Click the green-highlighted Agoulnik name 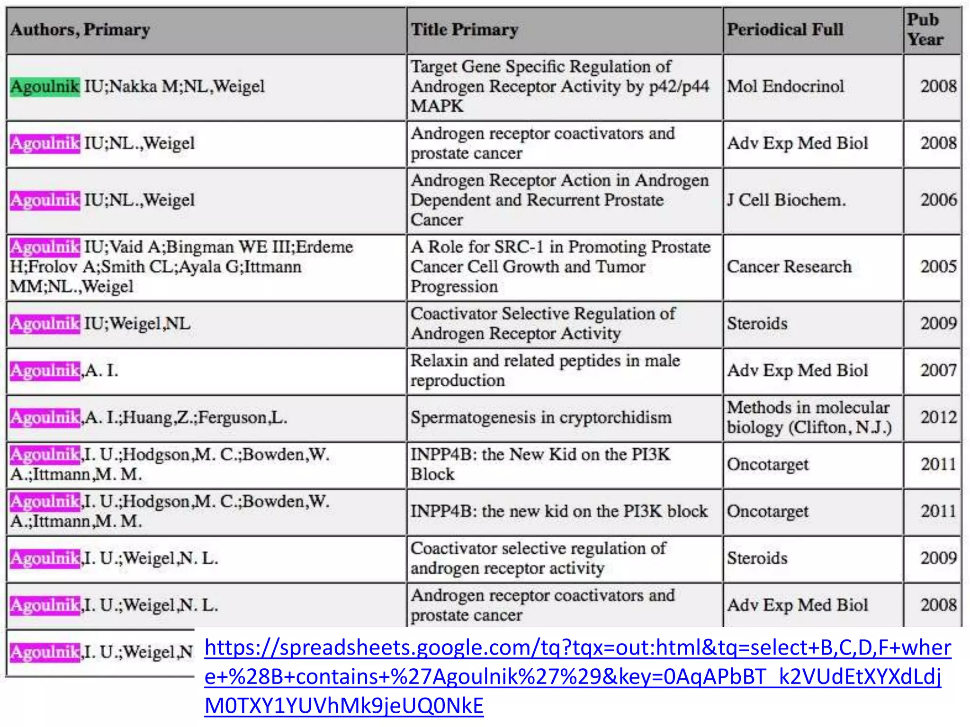click(45, 87)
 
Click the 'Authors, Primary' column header click(80, 30)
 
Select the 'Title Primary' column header click(464, 30)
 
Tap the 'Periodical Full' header click(785, 30)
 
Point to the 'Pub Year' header click(925, 30)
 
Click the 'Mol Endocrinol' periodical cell click(785, 87)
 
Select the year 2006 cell click(938, 200)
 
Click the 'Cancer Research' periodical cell click(789, 267)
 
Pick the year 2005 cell click(938, 267)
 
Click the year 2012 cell click(938, 417)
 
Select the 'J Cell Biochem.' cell click(786, 200)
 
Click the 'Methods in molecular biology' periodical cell click(809, 417)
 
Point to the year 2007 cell click(938, 371)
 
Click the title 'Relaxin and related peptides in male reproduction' click(545, 371)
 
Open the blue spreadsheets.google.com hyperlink click(577, 676)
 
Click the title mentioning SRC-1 click(560, 267)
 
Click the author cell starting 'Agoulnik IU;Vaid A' click(181, 267)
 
